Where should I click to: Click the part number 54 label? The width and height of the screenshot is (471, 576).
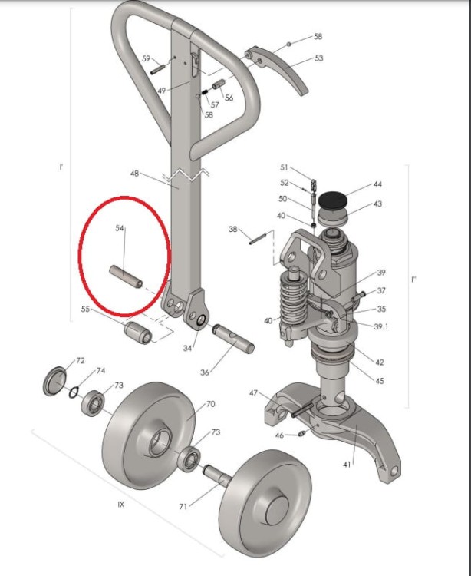[120, 228]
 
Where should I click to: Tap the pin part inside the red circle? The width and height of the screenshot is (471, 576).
[126, 276]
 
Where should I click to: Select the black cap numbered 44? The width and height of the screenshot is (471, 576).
[332, 201]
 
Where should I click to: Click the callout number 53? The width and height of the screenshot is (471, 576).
[319, 58]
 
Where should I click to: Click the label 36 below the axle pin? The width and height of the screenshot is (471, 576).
[205, 372]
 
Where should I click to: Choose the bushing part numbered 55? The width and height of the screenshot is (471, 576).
[138, 332]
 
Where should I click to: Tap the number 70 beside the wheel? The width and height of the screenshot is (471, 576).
[210, 404]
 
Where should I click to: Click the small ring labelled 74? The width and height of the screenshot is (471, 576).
[74, 392]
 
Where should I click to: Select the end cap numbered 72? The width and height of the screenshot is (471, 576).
[55, 381]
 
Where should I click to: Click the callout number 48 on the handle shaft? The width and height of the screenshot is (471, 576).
[134, 173]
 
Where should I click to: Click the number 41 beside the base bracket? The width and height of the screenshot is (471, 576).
[347, 465]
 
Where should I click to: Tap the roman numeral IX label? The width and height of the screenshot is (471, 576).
[121, 505]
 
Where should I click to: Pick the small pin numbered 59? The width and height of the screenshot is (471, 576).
[158, 69]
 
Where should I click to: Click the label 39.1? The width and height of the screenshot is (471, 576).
[381, 326]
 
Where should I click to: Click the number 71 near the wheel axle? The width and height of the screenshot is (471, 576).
[183, 507]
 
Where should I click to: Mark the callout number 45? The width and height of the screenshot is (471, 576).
[380, 381]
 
